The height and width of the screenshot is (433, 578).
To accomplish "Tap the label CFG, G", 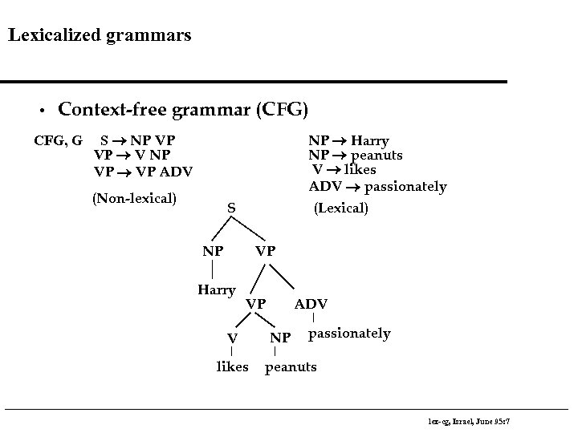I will tap(58, 141).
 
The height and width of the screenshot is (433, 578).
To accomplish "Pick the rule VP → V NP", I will tap(132, 156).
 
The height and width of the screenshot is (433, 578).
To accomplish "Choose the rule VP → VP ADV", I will tap(143, 171).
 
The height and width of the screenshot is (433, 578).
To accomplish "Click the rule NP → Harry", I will tap(349, 141).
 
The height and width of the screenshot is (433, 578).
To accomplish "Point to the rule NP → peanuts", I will tap(356, 156).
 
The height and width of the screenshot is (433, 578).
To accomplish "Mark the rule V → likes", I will tap(344, 170).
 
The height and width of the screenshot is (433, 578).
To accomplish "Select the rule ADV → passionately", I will tap(377, 187).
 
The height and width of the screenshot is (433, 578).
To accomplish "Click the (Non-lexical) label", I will tap(134, 197).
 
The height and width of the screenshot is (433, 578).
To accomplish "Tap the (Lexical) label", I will tap(341, 208).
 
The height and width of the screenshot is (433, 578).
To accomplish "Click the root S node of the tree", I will tap(230, 208).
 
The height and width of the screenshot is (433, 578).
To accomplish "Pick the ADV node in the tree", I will tap(311, 304).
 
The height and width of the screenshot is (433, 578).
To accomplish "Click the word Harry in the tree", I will tap(217, 289).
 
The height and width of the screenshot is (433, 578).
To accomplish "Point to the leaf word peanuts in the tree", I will tap(291, 367).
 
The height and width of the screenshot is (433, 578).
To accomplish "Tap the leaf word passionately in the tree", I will tap(349, 333).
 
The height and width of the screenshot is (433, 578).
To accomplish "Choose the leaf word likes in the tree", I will tap(233, 367).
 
